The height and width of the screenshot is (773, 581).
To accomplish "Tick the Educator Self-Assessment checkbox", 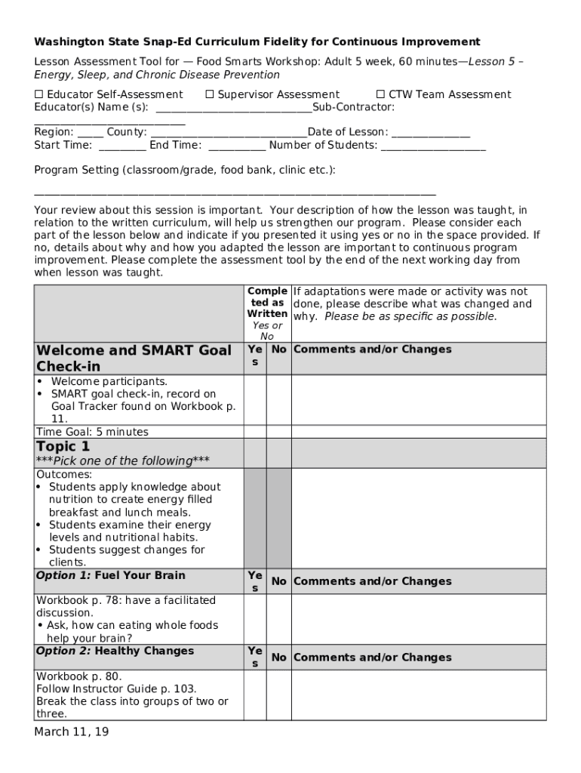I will coord(38,94).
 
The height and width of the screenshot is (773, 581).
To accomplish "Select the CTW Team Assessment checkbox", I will coord(380,94).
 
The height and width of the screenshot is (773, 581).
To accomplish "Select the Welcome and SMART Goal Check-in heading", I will coord(134,359).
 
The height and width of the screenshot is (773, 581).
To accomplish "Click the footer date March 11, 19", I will coord(72,732).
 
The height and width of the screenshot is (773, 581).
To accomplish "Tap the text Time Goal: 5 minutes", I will coord(92,432).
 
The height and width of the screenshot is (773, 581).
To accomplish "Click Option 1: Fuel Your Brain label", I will coord(110,575).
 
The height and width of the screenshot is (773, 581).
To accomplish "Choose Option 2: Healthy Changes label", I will coord(115,651).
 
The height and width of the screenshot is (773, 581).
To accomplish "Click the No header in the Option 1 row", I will coord(279,581).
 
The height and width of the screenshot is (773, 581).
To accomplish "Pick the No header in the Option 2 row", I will coord(279,658).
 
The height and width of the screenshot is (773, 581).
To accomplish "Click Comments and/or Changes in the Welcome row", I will coord(372,350).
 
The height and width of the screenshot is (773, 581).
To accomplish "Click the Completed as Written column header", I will coord(267,303).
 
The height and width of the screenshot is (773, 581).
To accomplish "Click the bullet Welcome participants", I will coord(109,381).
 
